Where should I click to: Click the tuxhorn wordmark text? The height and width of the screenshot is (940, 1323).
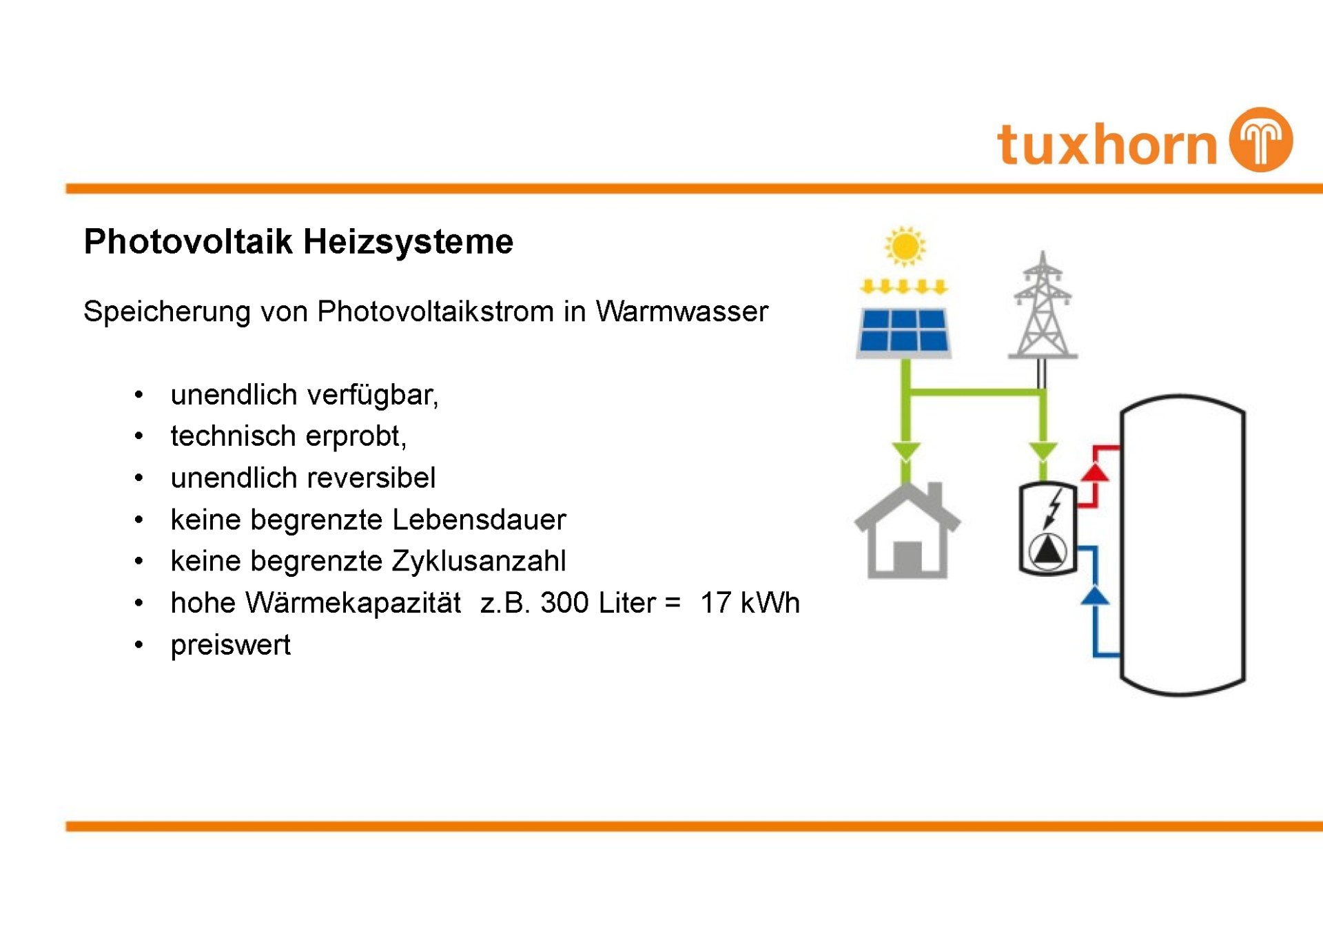(x=1107, y=144)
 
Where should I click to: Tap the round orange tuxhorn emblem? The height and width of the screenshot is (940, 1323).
(x=1262, y=139)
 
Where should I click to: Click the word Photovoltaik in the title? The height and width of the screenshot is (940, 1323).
(x=188, y=242)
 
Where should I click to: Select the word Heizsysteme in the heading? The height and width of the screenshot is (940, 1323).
(x=408, y=242)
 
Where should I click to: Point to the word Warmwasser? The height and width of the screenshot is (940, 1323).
(x=681, y=311)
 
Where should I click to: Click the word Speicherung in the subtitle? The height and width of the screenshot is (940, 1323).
(x=167, y=311)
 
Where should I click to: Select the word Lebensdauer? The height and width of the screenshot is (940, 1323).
(x=479, y=520)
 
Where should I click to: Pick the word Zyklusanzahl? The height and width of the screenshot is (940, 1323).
(x=479, y=561)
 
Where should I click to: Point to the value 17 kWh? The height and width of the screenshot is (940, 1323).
(x=750, y=603)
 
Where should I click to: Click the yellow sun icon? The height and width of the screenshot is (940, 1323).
(x=905, y=246)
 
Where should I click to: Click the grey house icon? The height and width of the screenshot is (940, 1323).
(x=907, y=531)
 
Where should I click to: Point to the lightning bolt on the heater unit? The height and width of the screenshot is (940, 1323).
(x=1053, y=509)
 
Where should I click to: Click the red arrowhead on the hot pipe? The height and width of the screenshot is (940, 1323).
(x=1094, y=472)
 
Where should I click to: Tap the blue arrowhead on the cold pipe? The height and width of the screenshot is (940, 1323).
(x=1094, y=595)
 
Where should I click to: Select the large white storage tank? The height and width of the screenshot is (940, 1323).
(x=1182, y=544)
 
